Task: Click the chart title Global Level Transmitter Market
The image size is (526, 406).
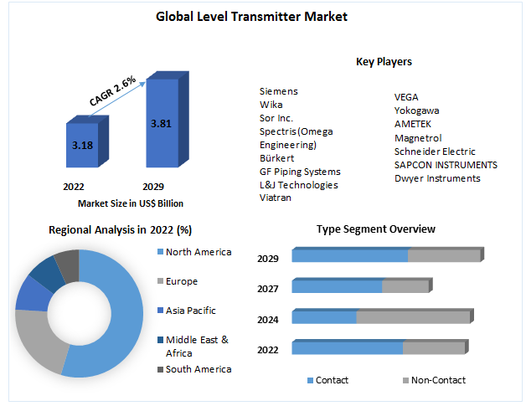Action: (251, 16)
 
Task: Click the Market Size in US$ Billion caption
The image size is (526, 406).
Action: (131, 203)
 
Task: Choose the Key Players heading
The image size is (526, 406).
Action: (384, 62)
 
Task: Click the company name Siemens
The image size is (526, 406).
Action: (278, 91)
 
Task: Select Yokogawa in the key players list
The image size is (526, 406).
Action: (416, 110)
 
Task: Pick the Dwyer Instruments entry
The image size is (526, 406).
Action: (437, 178)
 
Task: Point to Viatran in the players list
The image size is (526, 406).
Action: (276, 198)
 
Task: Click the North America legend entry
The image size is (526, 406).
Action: (198, 252)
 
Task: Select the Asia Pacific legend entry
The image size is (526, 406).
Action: (190, 311)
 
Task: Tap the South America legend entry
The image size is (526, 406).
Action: (198, 369)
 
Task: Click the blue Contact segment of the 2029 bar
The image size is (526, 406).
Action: (349, 256)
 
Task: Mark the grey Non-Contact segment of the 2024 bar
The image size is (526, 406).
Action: (413, 317)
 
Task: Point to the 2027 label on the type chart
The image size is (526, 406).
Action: (268, 290)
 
